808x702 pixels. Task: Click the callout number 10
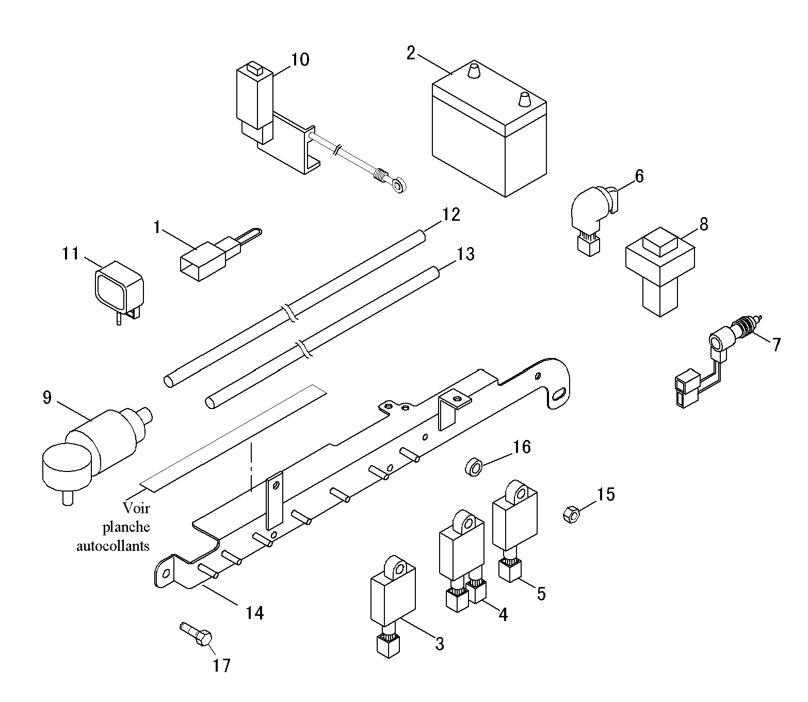coord(300,60)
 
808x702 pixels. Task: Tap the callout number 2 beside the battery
coord(411,53)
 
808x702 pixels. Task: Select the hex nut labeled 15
coord(570,514)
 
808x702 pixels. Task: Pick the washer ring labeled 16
coord(474,468)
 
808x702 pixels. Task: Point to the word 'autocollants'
coord(113,545)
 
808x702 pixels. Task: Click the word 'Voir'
coord(137,508)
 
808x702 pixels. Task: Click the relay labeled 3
coord(391,593)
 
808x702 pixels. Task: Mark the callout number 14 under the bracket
coord(255,613)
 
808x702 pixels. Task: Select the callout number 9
coord(47,398)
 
